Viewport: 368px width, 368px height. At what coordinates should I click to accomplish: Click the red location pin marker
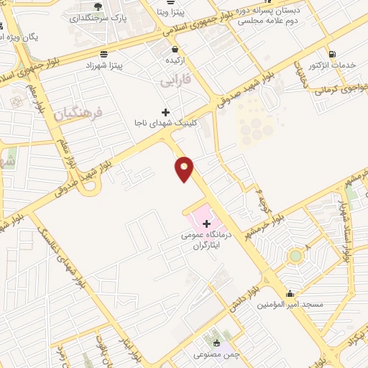click(x=185, y=169)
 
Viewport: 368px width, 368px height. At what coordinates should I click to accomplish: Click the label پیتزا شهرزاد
click(x=122, y=65)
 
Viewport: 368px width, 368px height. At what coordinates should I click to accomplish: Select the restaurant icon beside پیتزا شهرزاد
click(x=105, y=54)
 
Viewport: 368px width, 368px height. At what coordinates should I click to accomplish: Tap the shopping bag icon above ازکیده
click(x=175, y=50)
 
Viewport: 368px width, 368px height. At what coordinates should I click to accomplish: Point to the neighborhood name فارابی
click(x=175, y=83)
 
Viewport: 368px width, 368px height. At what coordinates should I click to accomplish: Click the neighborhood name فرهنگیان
click(x=79, y=113)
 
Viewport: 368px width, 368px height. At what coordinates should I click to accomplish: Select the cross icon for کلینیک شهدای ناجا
click(x=166, y=112)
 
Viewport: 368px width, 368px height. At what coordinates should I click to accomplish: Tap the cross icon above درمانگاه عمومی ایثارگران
click(x=207, y=224)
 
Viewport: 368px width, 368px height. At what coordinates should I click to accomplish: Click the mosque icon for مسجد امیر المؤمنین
click(x=290, y=293)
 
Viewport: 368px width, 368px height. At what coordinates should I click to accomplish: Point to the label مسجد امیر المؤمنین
click(x=291, y=305)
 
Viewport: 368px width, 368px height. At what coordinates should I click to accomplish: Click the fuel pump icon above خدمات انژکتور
click(x=331, y=53)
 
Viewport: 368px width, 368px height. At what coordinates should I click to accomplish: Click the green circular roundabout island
click(x=295, y=256)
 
